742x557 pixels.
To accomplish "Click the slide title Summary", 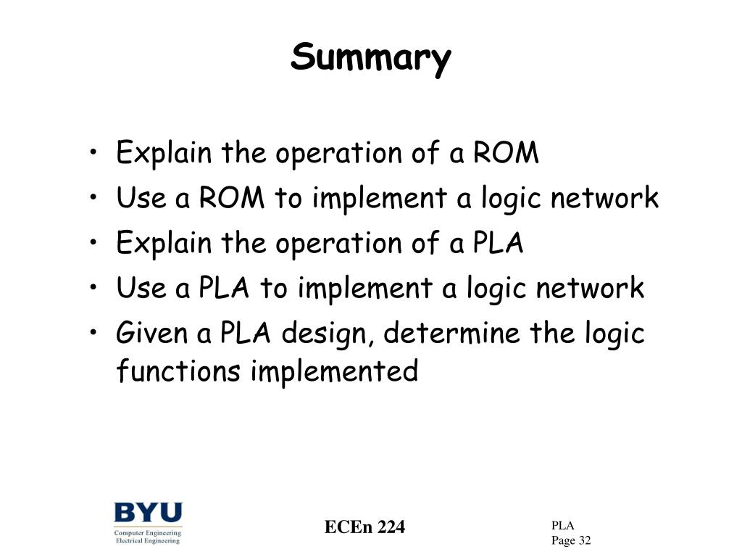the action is coord(370,57).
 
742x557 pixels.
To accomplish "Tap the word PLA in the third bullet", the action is coord(496,243).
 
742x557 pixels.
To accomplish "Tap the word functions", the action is coord(178,371).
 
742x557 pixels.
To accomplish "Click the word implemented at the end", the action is coord(334,371).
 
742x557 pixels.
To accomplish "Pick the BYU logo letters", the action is coord(148,513).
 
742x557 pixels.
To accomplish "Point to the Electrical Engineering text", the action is coord(148,540).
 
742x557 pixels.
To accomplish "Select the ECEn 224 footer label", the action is coord(364,527).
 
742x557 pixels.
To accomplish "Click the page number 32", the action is coord(584,540).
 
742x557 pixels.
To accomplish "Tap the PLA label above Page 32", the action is coord(562,526).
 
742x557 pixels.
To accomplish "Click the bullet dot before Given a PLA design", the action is coord(97,334).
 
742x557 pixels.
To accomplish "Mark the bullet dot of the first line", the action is coord(97,154).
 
